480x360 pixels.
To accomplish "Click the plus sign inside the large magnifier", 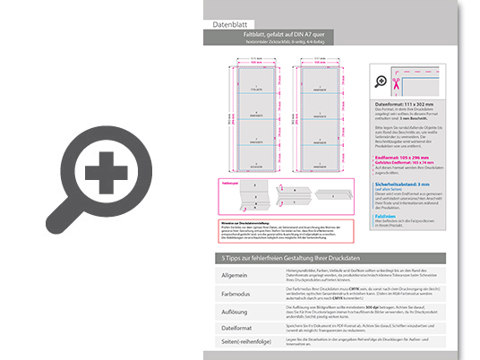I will coord(106,169).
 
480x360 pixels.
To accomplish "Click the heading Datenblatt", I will coord(224,25).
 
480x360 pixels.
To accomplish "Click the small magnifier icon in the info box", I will coord(381,81).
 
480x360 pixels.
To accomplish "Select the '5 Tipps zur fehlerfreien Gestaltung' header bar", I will coord(340,257).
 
